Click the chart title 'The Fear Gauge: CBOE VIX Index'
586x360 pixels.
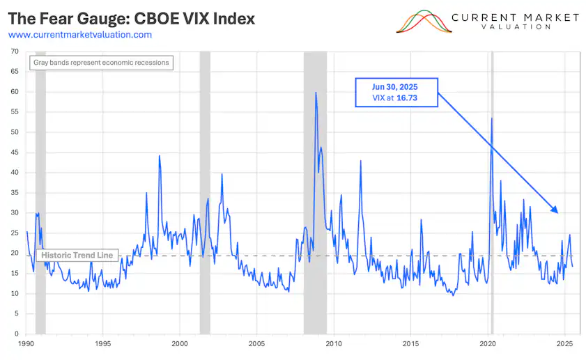point(132,19)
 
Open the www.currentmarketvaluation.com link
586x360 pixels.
point(80,34)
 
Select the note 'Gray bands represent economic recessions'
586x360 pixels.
point(102,63)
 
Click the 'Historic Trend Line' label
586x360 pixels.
point(76,256)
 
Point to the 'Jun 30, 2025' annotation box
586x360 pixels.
point(396,92)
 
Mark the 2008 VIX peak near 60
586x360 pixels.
point(316,93)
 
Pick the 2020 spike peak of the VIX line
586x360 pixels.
point(492,118)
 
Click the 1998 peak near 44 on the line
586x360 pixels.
point(160,155)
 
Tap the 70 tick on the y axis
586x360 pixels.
point(14,52)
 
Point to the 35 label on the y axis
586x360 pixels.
point(14,193)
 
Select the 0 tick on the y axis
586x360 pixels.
point(16,334)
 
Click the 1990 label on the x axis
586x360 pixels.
point(26,344)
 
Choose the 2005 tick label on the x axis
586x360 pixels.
point(256,344)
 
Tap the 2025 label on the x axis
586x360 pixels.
point(564,344)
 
